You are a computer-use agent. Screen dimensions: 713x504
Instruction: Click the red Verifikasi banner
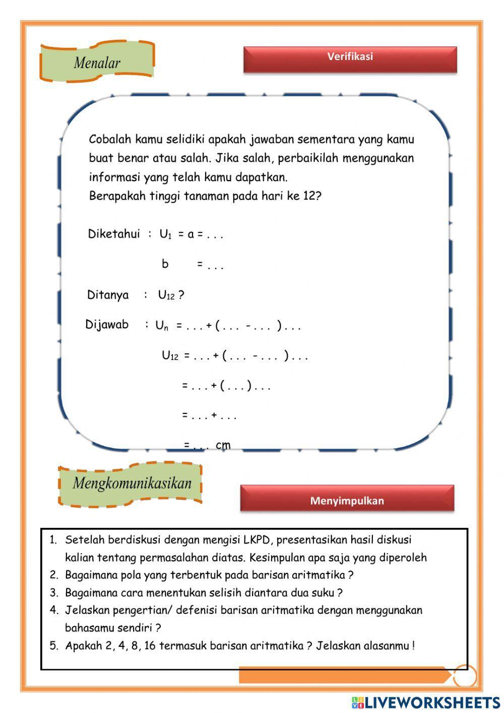pos(350,59)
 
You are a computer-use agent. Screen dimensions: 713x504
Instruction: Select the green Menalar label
pos(97,63)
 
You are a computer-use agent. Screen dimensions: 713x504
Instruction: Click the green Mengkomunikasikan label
pos(132,483)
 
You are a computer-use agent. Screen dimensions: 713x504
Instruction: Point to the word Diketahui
pos(113,234)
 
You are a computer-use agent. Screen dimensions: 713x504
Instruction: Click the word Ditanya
pos(108,295)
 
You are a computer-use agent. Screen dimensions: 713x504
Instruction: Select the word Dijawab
pos(107,325)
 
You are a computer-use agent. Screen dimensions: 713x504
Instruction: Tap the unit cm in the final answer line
pos(223,445)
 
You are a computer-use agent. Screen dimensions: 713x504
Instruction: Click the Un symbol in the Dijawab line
pos(161,326)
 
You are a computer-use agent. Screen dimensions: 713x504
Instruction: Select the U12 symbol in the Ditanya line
pos(166,295)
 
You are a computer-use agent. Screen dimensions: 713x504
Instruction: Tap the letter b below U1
pos(165,264)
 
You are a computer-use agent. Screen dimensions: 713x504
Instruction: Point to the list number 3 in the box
pos(54,593)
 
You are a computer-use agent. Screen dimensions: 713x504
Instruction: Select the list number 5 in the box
pos(54,646)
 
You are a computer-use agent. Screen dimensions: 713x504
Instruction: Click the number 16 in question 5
pos(150,646)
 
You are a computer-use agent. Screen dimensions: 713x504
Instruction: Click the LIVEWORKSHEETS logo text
pos(431,702)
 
